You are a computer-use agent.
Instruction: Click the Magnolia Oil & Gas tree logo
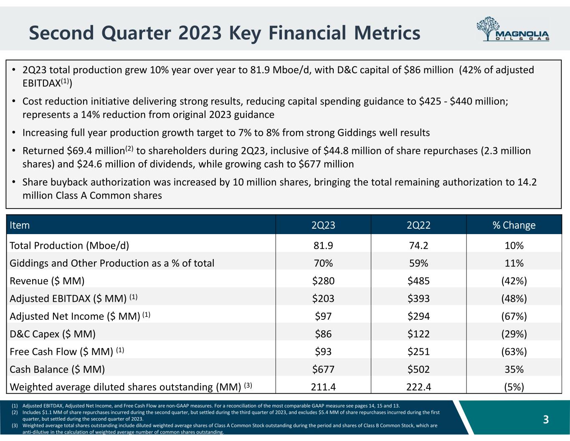coord(513,29)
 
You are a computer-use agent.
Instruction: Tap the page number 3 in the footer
coord(546,420)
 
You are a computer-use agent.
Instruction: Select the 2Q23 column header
coord(323,225)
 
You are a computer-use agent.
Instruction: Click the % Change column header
coord(514,225)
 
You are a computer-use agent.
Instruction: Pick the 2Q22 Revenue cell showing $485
coord(418,281)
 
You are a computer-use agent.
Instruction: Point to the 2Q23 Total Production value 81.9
coord(323,245)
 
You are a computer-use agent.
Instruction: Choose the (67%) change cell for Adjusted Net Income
coord(514,316)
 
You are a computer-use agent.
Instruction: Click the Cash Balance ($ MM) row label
coord(57,370)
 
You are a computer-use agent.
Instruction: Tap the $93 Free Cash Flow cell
coord(323,352)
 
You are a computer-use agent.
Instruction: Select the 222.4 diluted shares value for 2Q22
coord(418,387)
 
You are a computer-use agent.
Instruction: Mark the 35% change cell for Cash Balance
coord(514,370)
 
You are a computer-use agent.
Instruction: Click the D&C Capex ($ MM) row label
coord(53,334)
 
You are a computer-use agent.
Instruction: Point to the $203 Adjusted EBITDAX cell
coord(323,298)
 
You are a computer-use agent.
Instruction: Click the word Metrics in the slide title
coord(387,33)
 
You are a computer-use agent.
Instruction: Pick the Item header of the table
coord(20,225)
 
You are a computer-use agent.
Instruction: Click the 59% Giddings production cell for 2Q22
coord(418,263)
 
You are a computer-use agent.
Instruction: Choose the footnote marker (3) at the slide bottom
coord(15,426)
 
